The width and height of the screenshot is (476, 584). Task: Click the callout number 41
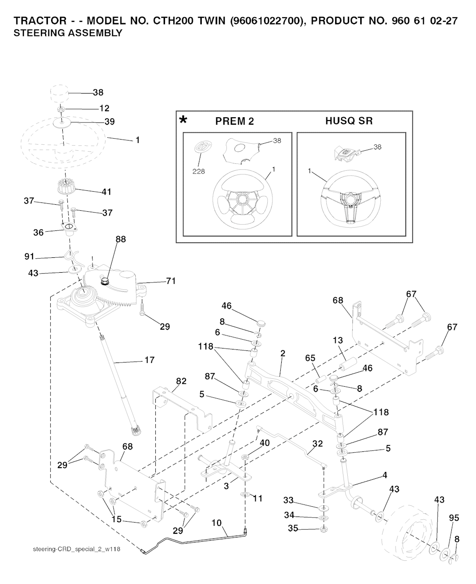coord(106,191)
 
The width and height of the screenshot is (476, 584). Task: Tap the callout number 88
coord(120,239)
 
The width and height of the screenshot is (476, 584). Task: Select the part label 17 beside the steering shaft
coord(149,360)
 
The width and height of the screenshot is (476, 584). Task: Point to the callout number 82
coord(181,381)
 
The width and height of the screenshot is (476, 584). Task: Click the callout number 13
coord(337,342)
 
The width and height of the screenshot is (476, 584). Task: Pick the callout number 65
coord(310,358)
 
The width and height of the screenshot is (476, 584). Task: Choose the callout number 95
coord(454,517)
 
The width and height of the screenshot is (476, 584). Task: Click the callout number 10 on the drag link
coord(217,523)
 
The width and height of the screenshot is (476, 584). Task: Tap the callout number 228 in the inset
coord(198,171)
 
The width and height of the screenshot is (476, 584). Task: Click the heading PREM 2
coord(235,121)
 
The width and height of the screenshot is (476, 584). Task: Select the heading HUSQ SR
coord(349,121)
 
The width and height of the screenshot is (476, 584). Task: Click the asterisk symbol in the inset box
coord(184,120)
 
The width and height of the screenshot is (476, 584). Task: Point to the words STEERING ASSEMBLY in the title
coord(68,33)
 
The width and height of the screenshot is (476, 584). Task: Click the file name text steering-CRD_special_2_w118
coord(77,550)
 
